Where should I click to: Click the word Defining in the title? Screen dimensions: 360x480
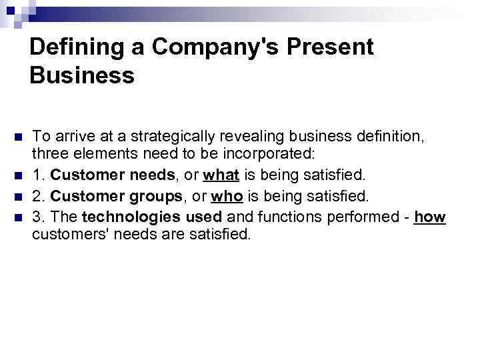pos(72,47)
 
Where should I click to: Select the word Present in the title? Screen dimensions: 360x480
pos(329,47)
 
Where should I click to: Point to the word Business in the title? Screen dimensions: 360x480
pos(82,76)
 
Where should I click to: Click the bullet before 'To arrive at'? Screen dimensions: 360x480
pos(18,137)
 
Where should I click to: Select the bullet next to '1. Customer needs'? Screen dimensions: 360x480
pos(18,177)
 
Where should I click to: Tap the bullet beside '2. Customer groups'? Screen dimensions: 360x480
pos(18,197)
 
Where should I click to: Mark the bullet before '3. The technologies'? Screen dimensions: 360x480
pos(18,217)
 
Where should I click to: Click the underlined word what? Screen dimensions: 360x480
pos(219,177)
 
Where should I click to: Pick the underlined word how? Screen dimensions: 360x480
pos(429,217)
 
